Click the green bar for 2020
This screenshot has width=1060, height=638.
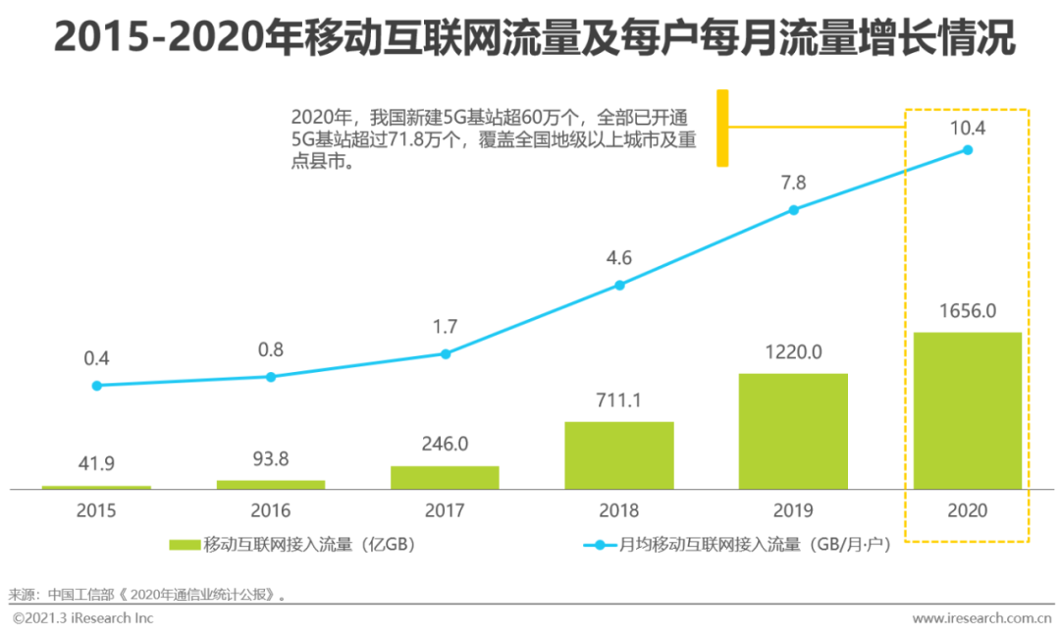967,410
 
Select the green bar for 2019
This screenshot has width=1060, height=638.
793,431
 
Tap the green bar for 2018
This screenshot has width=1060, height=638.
619,455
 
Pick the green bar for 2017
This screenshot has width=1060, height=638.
445,477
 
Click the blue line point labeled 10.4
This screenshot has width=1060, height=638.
967,150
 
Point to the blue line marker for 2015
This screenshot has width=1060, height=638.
96,386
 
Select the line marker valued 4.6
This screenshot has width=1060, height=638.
619,286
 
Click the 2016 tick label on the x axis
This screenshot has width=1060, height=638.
271,510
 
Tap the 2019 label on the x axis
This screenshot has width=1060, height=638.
793,510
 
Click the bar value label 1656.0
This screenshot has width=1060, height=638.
967,312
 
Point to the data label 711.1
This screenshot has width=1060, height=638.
619,401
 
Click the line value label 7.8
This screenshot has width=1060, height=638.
793,183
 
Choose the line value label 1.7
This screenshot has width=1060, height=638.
445,327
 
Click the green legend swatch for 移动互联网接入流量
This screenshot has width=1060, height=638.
184,545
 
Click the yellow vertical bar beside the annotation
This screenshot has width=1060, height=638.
722,128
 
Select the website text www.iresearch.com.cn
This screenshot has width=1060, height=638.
981,618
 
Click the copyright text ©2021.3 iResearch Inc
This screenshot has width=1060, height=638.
83,618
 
